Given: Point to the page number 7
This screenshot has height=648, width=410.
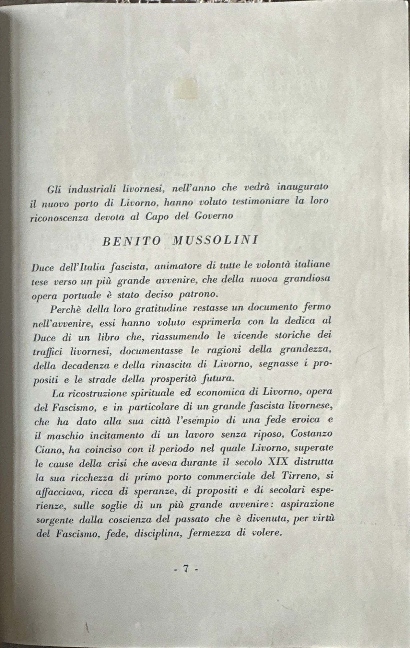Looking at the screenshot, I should pos(186,568).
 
